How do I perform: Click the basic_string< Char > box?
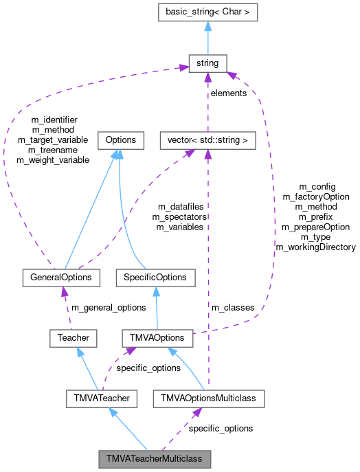pyautogui.click(x=207, y=11)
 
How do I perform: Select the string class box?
pyautogui.click(x=207, y=63)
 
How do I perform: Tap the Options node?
pyautogui.click(x=120, y=140)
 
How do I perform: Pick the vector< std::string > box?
pyautogui.click(x=207, y=140)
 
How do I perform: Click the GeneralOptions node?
pyautogui.click(x=61, y=278)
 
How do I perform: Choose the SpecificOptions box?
pyautogui.click(x=155, y=278)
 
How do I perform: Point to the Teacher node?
pyautogui.click(x=74, y=338)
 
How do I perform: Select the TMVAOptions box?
pyautogui.click(x=157, y=338)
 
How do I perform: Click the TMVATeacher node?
pyautogui.click(x=102, y=398)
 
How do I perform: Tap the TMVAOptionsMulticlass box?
pyautogui.click(x=208, y=398)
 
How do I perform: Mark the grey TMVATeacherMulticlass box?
pyautogui.click(x=154, y=458)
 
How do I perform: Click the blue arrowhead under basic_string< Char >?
pyautogui.click(x=207, y=25)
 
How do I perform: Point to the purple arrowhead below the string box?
pyautogui.click(x=207, y=77)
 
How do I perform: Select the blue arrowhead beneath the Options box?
pyautogui.click(x=120, y=154)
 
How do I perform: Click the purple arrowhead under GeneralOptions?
pyautogui.click(x=64, y=291)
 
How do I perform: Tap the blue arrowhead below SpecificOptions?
pyautogui.click(x=156, y=291)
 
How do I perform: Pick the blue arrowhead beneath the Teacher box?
pyautogui.click(x=80, y=352)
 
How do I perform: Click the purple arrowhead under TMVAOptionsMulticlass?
pyautogui.click(x=197, y=412)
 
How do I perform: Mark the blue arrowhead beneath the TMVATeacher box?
pyautogui.click(x=113, y=412)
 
